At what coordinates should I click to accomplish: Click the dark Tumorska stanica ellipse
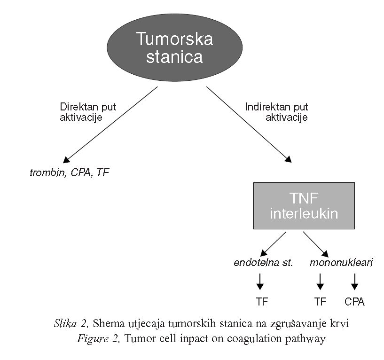coord(175,47)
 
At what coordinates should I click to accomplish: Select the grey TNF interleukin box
coord(304,206)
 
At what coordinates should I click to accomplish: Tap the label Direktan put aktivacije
coord(88,112)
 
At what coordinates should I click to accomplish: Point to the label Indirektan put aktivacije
coord(276,112)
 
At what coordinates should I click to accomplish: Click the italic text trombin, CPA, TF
coord(69,172)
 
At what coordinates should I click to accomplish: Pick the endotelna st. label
coord(263,263)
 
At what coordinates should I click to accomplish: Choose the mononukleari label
coord(341,263)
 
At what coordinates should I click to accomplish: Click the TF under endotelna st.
coord(262,302)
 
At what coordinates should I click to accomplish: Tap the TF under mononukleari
coord(321,302)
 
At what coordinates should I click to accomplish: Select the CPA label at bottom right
coord(354,302)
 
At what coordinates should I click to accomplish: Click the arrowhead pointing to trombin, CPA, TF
coord(66,160)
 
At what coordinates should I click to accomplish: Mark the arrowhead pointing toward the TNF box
coord(288,159)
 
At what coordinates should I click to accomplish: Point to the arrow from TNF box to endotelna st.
coord(273,244)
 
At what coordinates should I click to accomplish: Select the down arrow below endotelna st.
coord(260,282)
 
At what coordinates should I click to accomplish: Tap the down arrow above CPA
coord(354,282)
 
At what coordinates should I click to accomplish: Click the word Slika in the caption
coord(65,323)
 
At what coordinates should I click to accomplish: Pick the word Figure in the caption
coord(93,339)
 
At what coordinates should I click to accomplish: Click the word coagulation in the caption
coord(254,339)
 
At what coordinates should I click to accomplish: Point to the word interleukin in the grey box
coord(304,213)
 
